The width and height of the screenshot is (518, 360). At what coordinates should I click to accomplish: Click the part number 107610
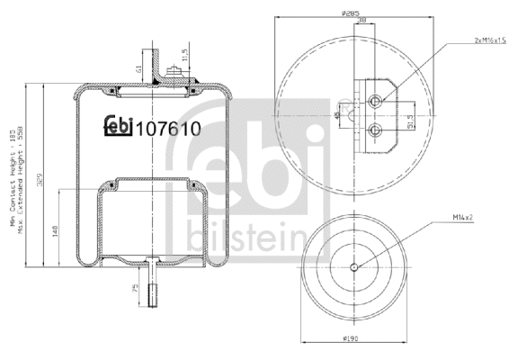point(166,130)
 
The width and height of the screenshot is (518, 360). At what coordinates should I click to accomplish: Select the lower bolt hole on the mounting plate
point(376,131)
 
